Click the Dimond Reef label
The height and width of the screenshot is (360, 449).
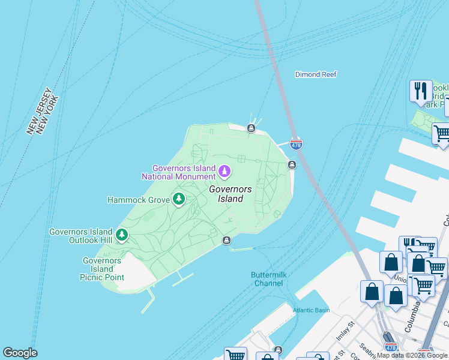[316, 74]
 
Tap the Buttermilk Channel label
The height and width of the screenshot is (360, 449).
[267, 278]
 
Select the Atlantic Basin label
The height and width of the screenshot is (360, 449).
[311, 310]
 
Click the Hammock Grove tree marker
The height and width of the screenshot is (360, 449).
[178, 199]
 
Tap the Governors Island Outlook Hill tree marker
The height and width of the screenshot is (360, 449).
[122, 235]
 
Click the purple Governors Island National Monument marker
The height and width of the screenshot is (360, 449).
[224, 172]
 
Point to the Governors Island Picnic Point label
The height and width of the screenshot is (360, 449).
[102, 269]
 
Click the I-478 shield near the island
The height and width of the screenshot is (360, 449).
[296, 145]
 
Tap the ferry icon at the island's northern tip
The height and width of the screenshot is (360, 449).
[252, 127]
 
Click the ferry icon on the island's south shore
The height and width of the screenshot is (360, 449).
[226, 241]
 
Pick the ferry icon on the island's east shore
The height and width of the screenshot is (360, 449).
[292, 164]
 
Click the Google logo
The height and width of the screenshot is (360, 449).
[20, 353]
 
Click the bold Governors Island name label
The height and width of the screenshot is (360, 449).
[226, 194]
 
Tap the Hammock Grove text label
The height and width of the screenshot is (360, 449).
[137, 199]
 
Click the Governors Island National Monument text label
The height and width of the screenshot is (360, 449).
[178, 172]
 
